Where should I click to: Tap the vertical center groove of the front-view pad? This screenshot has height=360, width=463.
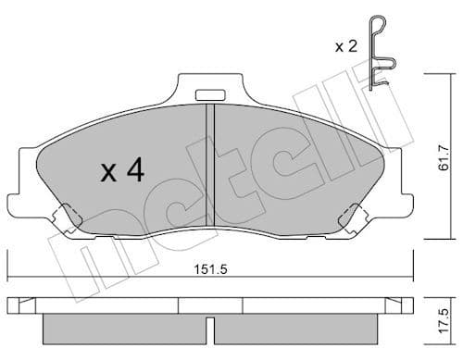[213, 167]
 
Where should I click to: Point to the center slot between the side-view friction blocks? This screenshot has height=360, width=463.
[212, 328]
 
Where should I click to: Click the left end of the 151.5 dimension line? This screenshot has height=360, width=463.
[8, 277]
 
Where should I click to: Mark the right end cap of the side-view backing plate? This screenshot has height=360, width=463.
[406, 304]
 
